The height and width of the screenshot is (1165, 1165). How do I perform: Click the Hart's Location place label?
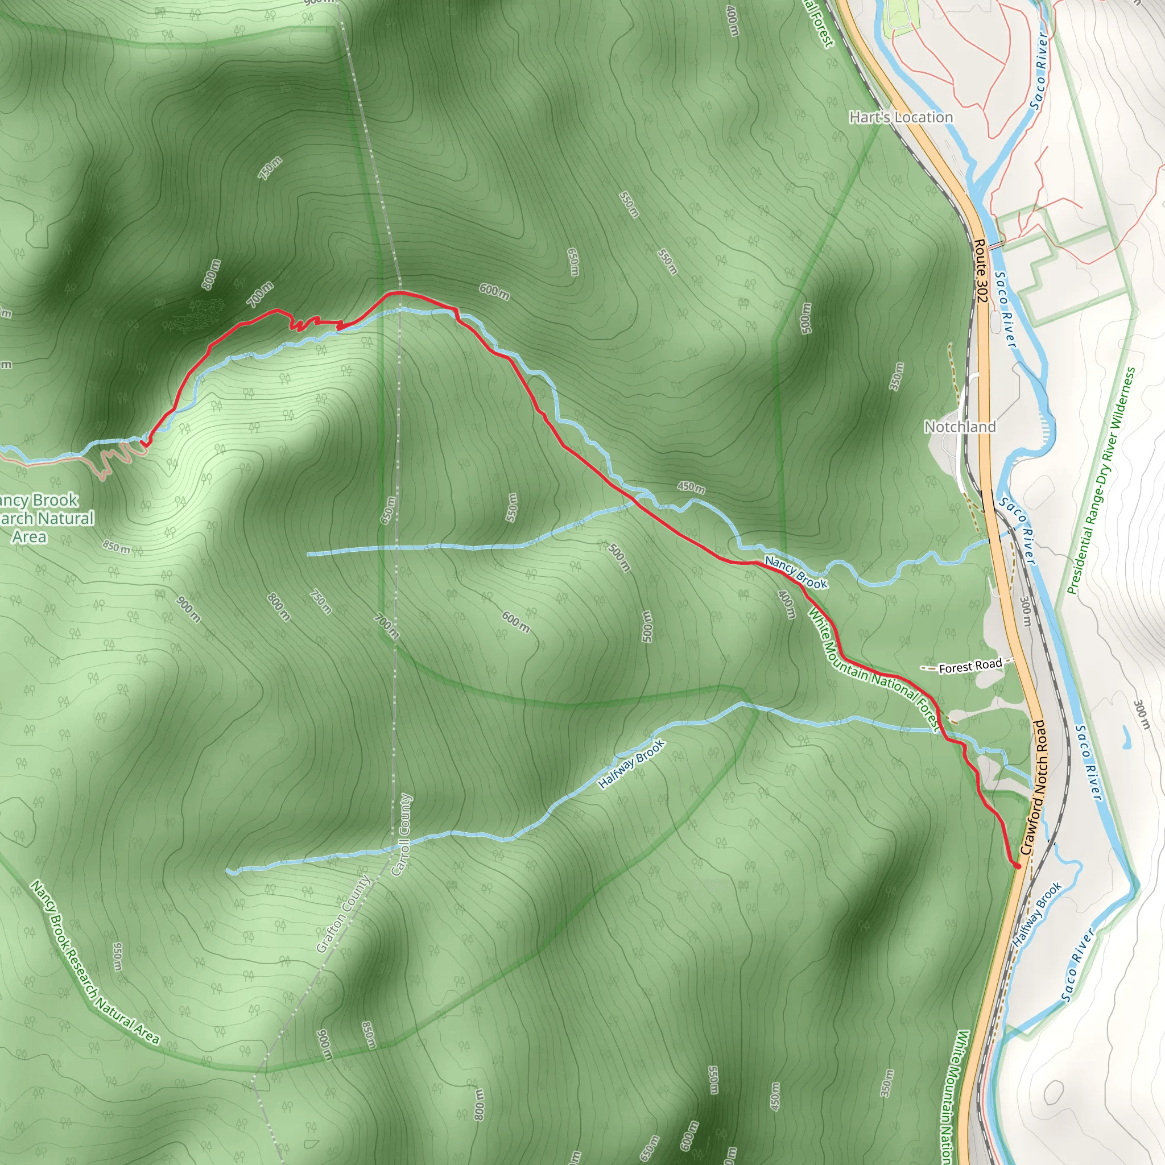tap(901, 117)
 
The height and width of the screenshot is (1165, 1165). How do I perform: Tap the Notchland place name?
tap(960, 427)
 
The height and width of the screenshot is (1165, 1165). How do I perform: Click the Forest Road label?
tap(970, 666)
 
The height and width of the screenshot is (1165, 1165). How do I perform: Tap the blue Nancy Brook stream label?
tap(796, 572)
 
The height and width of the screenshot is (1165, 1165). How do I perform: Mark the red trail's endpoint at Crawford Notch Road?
tap(1017, 865)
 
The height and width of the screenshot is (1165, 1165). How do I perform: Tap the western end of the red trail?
tap(143, 443)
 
